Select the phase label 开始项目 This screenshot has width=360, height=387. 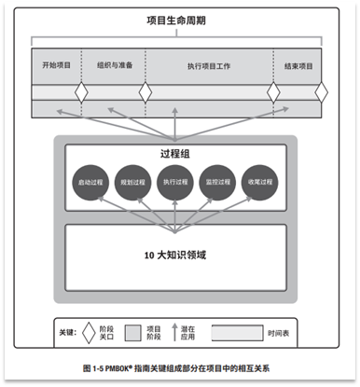[56, 66]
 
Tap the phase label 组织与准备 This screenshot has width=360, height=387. [114, 66]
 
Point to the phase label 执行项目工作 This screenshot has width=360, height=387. [208, 66]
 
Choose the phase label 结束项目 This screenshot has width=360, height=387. [298, 66]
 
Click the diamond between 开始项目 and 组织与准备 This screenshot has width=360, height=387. [81, 93]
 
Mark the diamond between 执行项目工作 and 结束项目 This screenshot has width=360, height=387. [273, 93]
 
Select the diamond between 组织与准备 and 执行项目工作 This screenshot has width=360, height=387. [145, 93]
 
